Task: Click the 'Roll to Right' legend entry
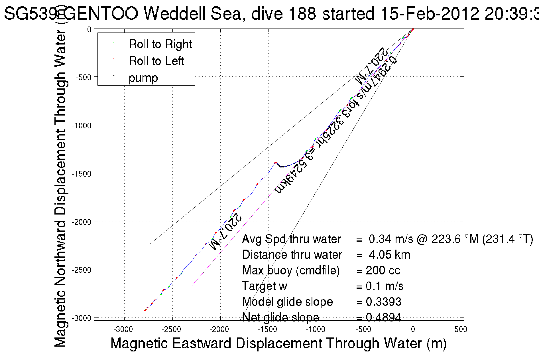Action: click(x=160, y=44)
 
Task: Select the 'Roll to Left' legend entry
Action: click(x=156, y=61)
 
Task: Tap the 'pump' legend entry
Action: click(x=143, y=78)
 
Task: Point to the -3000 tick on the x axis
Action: click(x=123, y=330)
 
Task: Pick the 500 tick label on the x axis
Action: click(x=461, y=330)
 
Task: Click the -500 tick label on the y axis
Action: click(x=83, y=77)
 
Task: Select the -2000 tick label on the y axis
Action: click(x=81, y=222)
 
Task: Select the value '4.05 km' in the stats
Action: click(x=389, y=255)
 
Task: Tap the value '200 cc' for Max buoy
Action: click(x=383, y=270)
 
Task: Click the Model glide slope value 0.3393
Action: click(x=383, y=302)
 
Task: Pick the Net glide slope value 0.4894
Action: click(x=383, y=317)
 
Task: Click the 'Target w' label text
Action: click(x=264, y=286)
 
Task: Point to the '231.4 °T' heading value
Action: click(x=507, y=239)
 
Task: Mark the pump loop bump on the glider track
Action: click(x=281, y=165)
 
